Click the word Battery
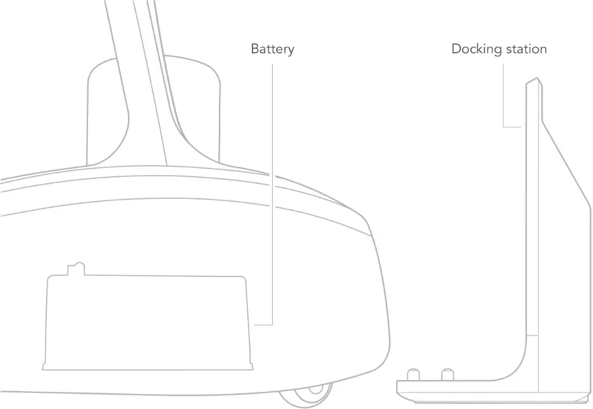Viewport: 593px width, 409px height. pos(272,49)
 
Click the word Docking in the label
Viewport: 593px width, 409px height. pos(477,49)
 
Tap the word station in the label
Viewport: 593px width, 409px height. pos(526,49)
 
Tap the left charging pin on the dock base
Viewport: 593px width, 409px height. pos(413,375)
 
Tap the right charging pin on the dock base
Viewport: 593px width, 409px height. pos(448,375)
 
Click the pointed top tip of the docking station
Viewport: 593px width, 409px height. pos(537,78)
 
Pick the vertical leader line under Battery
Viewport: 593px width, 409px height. pos(272,193)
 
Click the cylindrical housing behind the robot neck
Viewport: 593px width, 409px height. pos(153,109)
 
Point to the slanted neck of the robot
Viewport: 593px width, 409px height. pos(148,83)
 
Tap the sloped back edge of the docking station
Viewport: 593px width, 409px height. pos(566,163)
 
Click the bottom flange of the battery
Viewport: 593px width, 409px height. pos(148,367)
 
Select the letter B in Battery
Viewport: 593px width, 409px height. pos(255,49)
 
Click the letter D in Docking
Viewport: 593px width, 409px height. pos(456,49)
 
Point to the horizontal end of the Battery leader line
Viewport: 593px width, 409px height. pos(263,324)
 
